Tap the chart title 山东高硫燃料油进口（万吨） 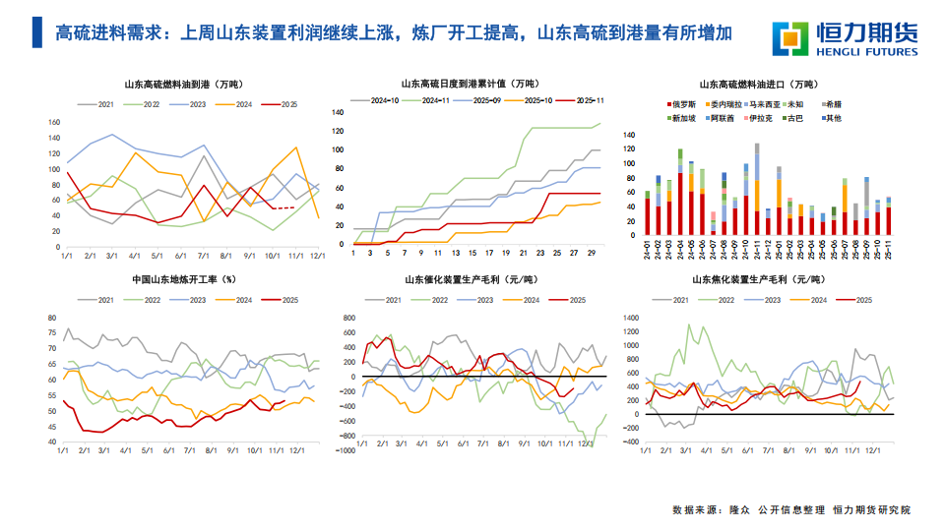757,86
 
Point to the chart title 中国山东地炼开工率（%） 184,279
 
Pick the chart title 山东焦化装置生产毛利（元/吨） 757,279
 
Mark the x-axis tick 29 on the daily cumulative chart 590,254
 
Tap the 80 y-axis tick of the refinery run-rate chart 52,318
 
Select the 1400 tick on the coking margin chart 631,319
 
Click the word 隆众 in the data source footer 739,510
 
